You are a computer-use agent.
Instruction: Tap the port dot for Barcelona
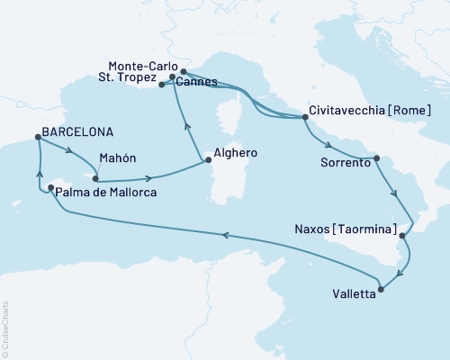click(x=37, y=138)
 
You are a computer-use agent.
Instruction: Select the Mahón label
click(x=117, y=157)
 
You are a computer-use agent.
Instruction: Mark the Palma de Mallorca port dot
click(x=38, y=188)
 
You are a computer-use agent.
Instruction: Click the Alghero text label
click(x=237, y=154)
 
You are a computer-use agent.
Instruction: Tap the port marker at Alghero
click(x=208, y=162)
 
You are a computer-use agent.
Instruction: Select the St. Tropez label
click(x=129, y=80)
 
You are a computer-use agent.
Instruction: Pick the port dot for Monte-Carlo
click(x=184, y=71)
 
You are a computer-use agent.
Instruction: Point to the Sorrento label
click(x=346, y=164)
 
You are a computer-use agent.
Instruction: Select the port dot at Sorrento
click(x=377, y=158)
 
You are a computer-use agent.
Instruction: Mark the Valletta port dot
click(x=381, y=290)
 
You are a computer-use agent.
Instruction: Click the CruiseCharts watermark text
click(x=5, y=328)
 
